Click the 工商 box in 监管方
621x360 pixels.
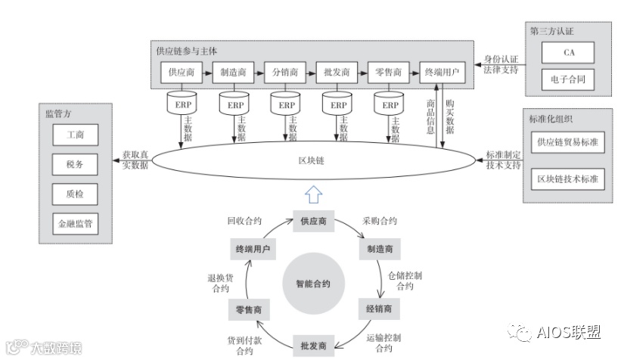pyautogui.click(x=74, y=135)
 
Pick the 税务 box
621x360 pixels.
pyautogui.click(x=74, y=164)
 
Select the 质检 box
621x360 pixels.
pyautogui.click(x=74, y=194)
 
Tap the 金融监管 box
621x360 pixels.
pyautogui.click(x=74, y=225)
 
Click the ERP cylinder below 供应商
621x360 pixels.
pyautogui.click(x=182, y=104)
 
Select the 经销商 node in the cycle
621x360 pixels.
pyautogui.click(x=379, y=309)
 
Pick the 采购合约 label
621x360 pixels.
pyautogui.click(x=379, y=222)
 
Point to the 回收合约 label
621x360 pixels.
pyautogui.click(x=244, y=222)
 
